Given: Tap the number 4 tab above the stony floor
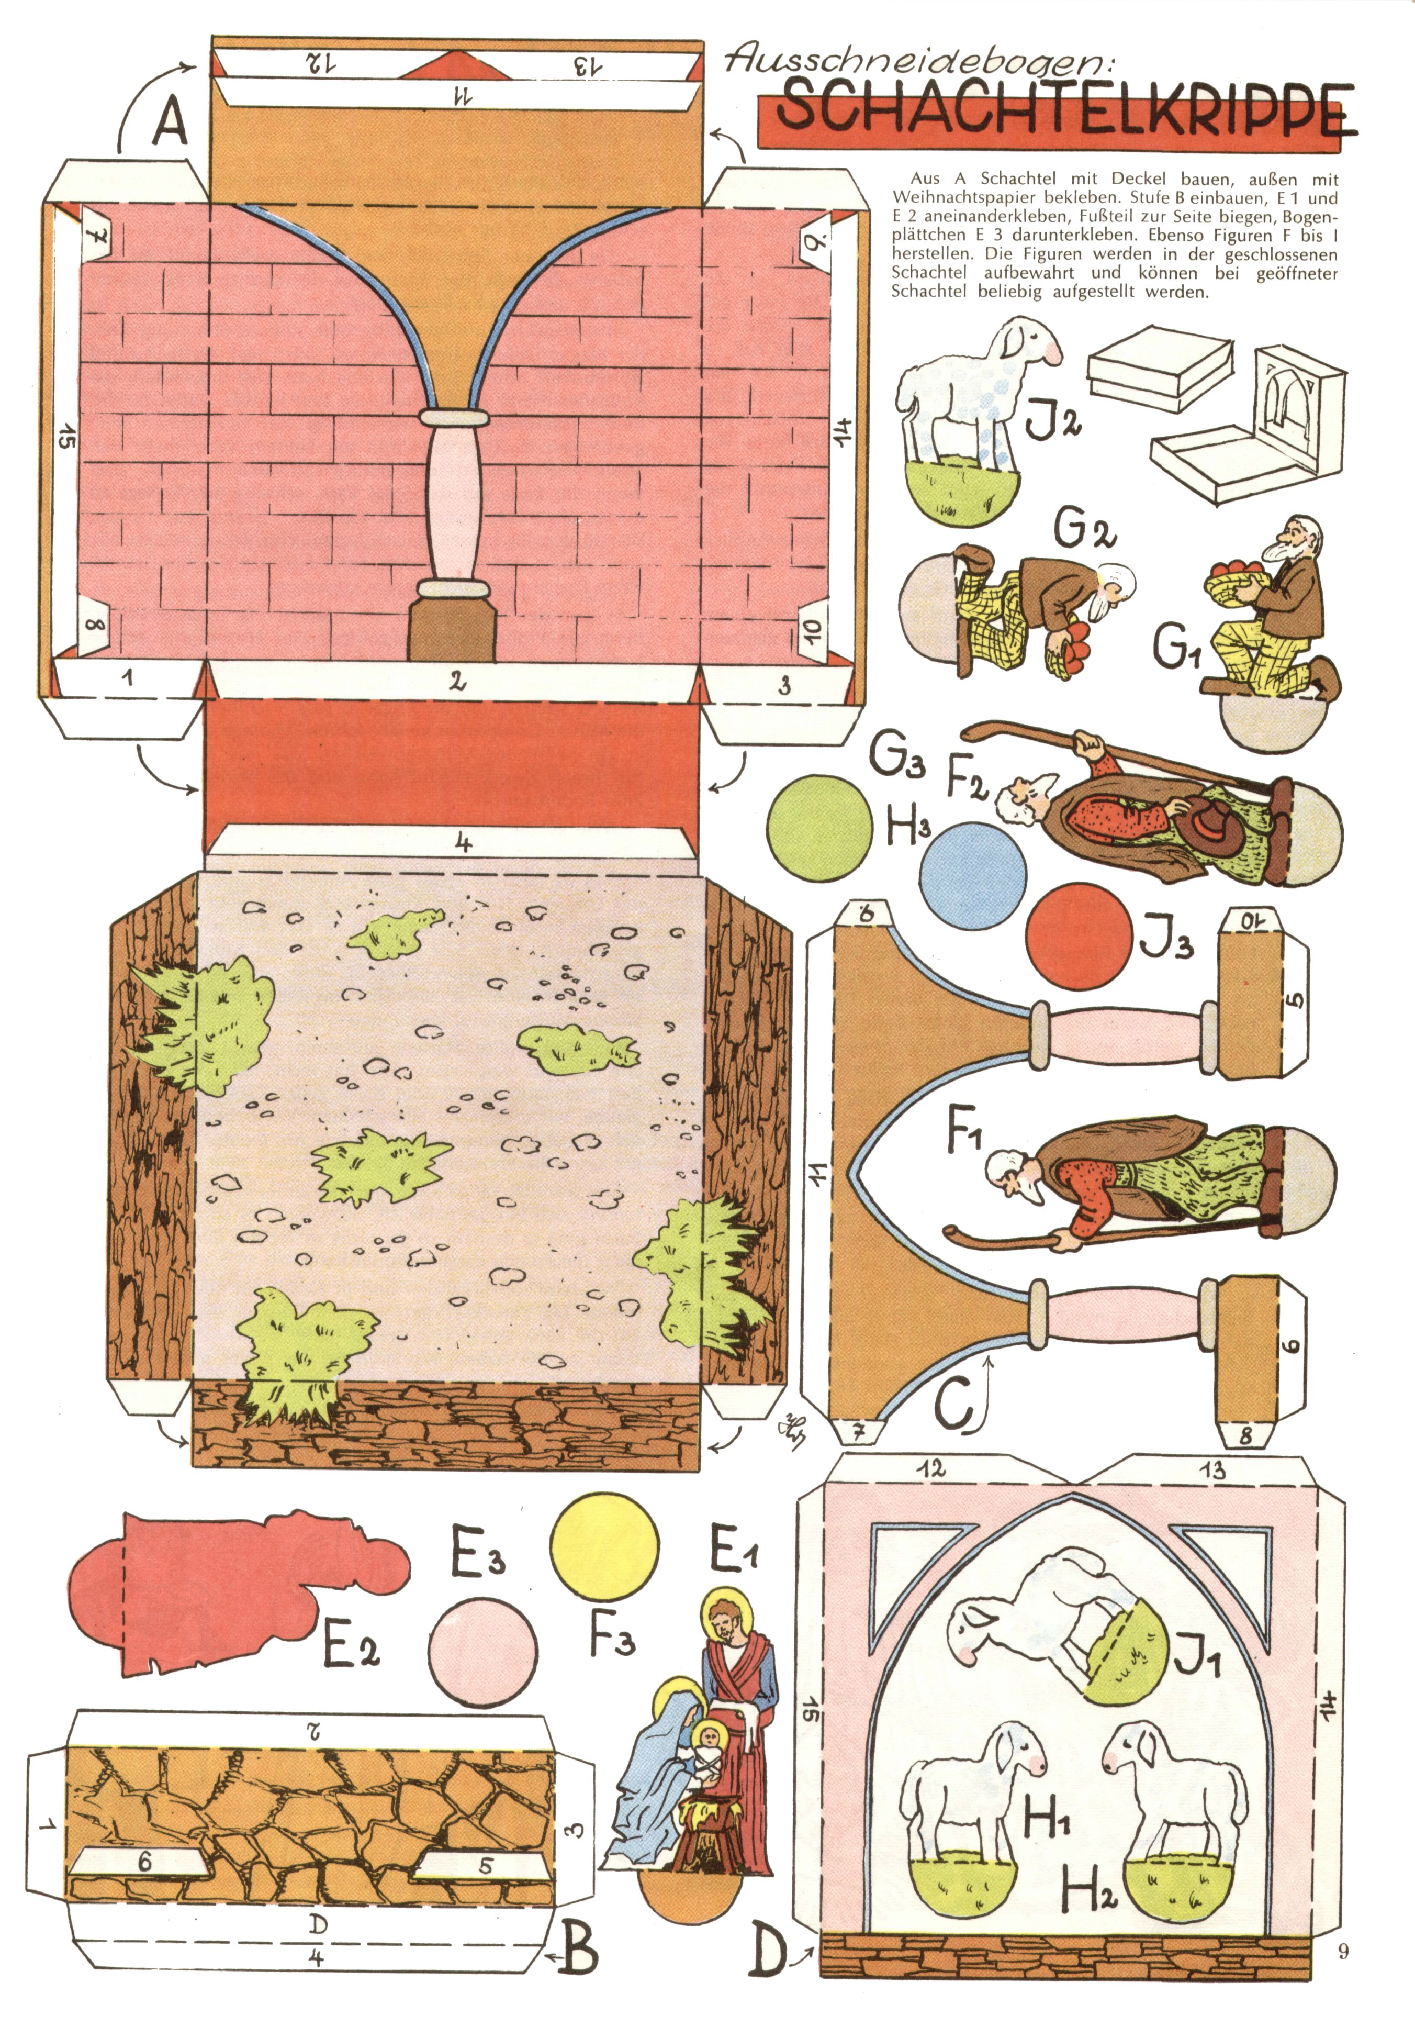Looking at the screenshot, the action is pos(463,841).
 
